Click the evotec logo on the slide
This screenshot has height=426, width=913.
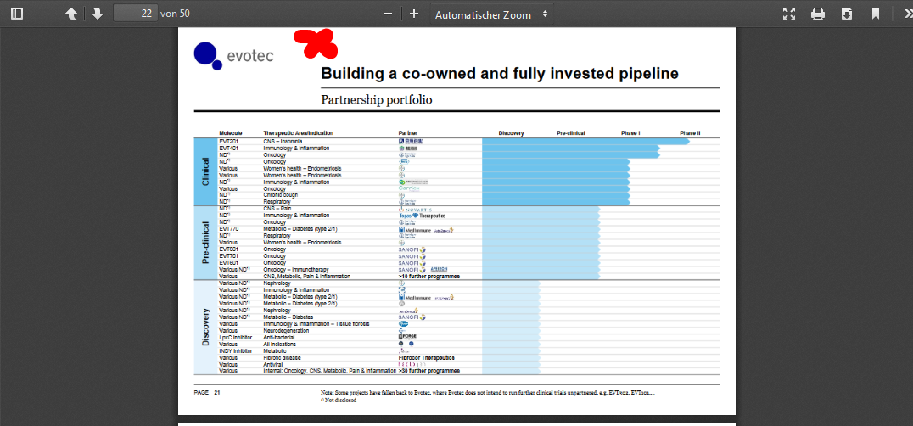(221, 55)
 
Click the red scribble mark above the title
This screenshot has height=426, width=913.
(315, 42)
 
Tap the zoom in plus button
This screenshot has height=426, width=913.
(414, 14)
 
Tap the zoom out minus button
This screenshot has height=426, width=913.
(388, 14)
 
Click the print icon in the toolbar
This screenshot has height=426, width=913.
(818, 14)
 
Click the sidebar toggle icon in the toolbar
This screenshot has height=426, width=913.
(17, 14)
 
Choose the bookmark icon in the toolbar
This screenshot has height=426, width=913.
(875, 14)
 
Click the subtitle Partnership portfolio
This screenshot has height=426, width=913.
(376, 100)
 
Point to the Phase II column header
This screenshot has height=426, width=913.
(690, 133)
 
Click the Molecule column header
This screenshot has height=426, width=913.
(231, 133)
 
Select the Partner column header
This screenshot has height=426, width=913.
(408, 133)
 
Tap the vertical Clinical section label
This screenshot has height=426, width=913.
(205, 171)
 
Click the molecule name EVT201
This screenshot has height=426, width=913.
(229, 141)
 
